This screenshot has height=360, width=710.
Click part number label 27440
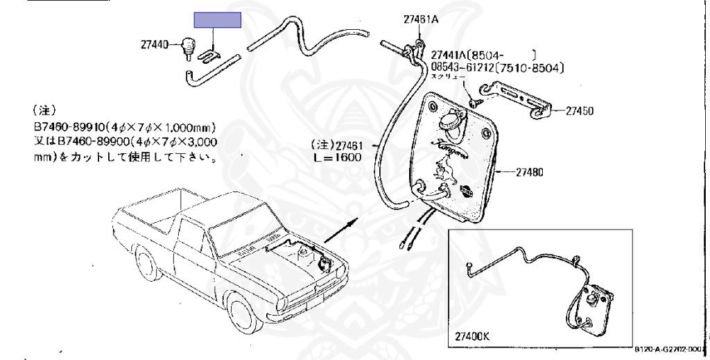[x=154, y=44]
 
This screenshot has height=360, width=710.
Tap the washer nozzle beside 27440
[x=187, y=47]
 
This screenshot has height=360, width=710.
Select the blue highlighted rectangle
[x=217, y=20]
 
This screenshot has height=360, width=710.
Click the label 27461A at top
[x=421, y=19]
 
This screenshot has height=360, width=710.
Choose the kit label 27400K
[x=473, y=336]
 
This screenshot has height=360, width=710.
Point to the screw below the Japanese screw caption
[x=473, y=102]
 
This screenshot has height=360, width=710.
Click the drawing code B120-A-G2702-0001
[x=668, y=350]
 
